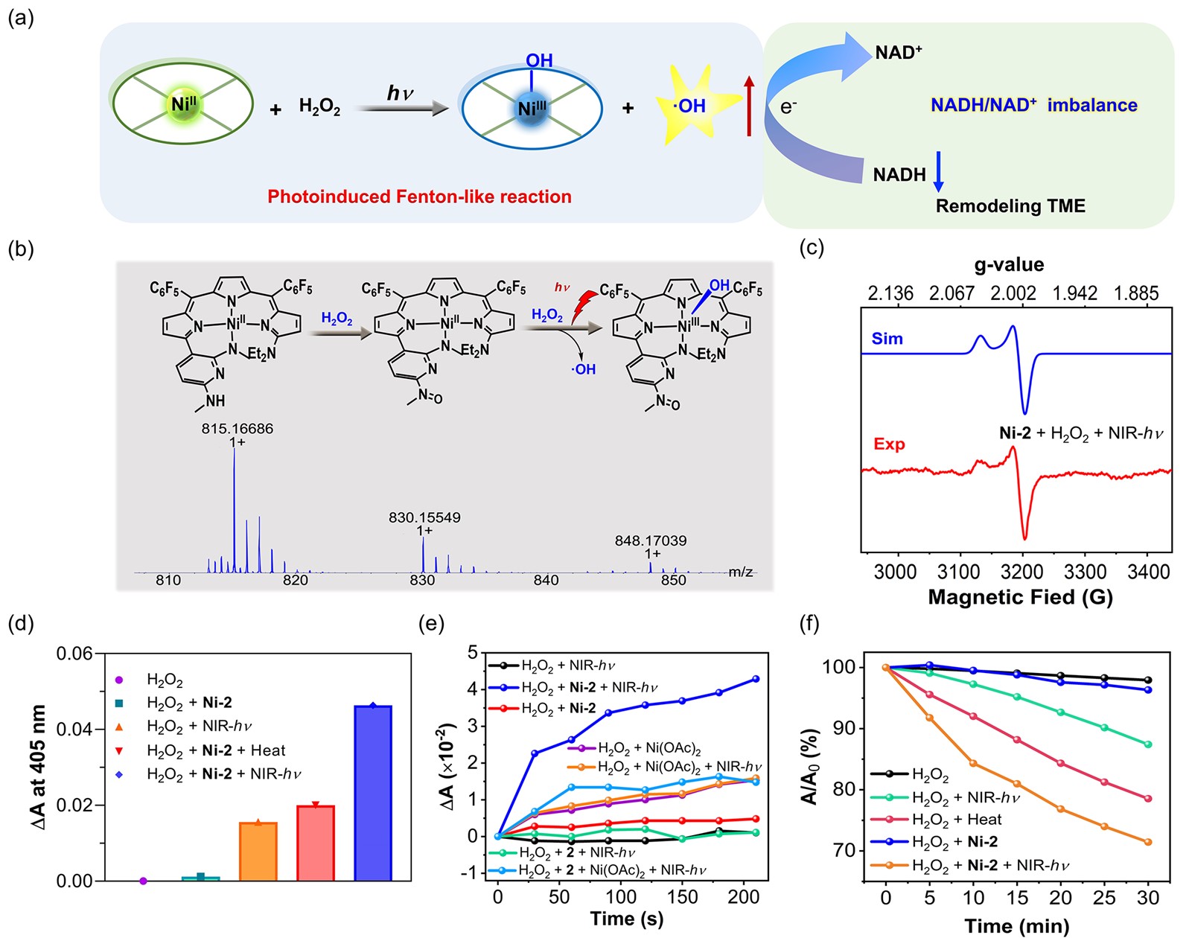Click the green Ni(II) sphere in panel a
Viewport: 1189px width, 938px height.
pyautogui.click(x=183, y=104)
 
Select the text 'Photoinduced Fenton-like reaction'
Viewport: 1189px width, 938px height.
pyautogui.click(x=419, y=197)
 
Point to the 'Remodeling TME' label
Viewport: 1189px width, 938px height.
pyautogui.click(x=1010, y=206)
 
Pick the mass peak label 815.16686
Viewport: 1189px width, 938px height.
pyautogui.click(x=237, y=429)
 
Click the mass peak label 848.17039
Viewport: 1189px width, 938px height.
pyautogui.click(x=650, y=540)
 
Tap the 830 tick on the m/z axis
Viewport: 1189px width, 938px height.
pyautogui.click(x=422, y=581)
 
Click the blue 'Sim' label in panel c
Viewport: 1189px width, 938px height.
pyautogui.click(x=887, y=339)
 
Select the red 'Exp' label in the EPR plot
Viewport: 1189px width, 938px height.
pyautogui.click(x=889, y=444)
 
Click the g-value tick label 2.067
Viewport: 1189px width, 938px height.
pyautogui.click(x=951, y=293)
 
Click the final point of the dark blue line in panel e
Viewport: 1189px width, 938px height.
pyautogui.click(x=756, y=679)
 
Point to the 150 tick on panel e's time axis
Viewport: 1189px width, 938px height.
pyautogui.click(x=682, y=897)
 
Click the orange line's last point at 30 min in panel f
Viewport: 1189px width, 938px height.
pyautogui.click(x=1147, y=842)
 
